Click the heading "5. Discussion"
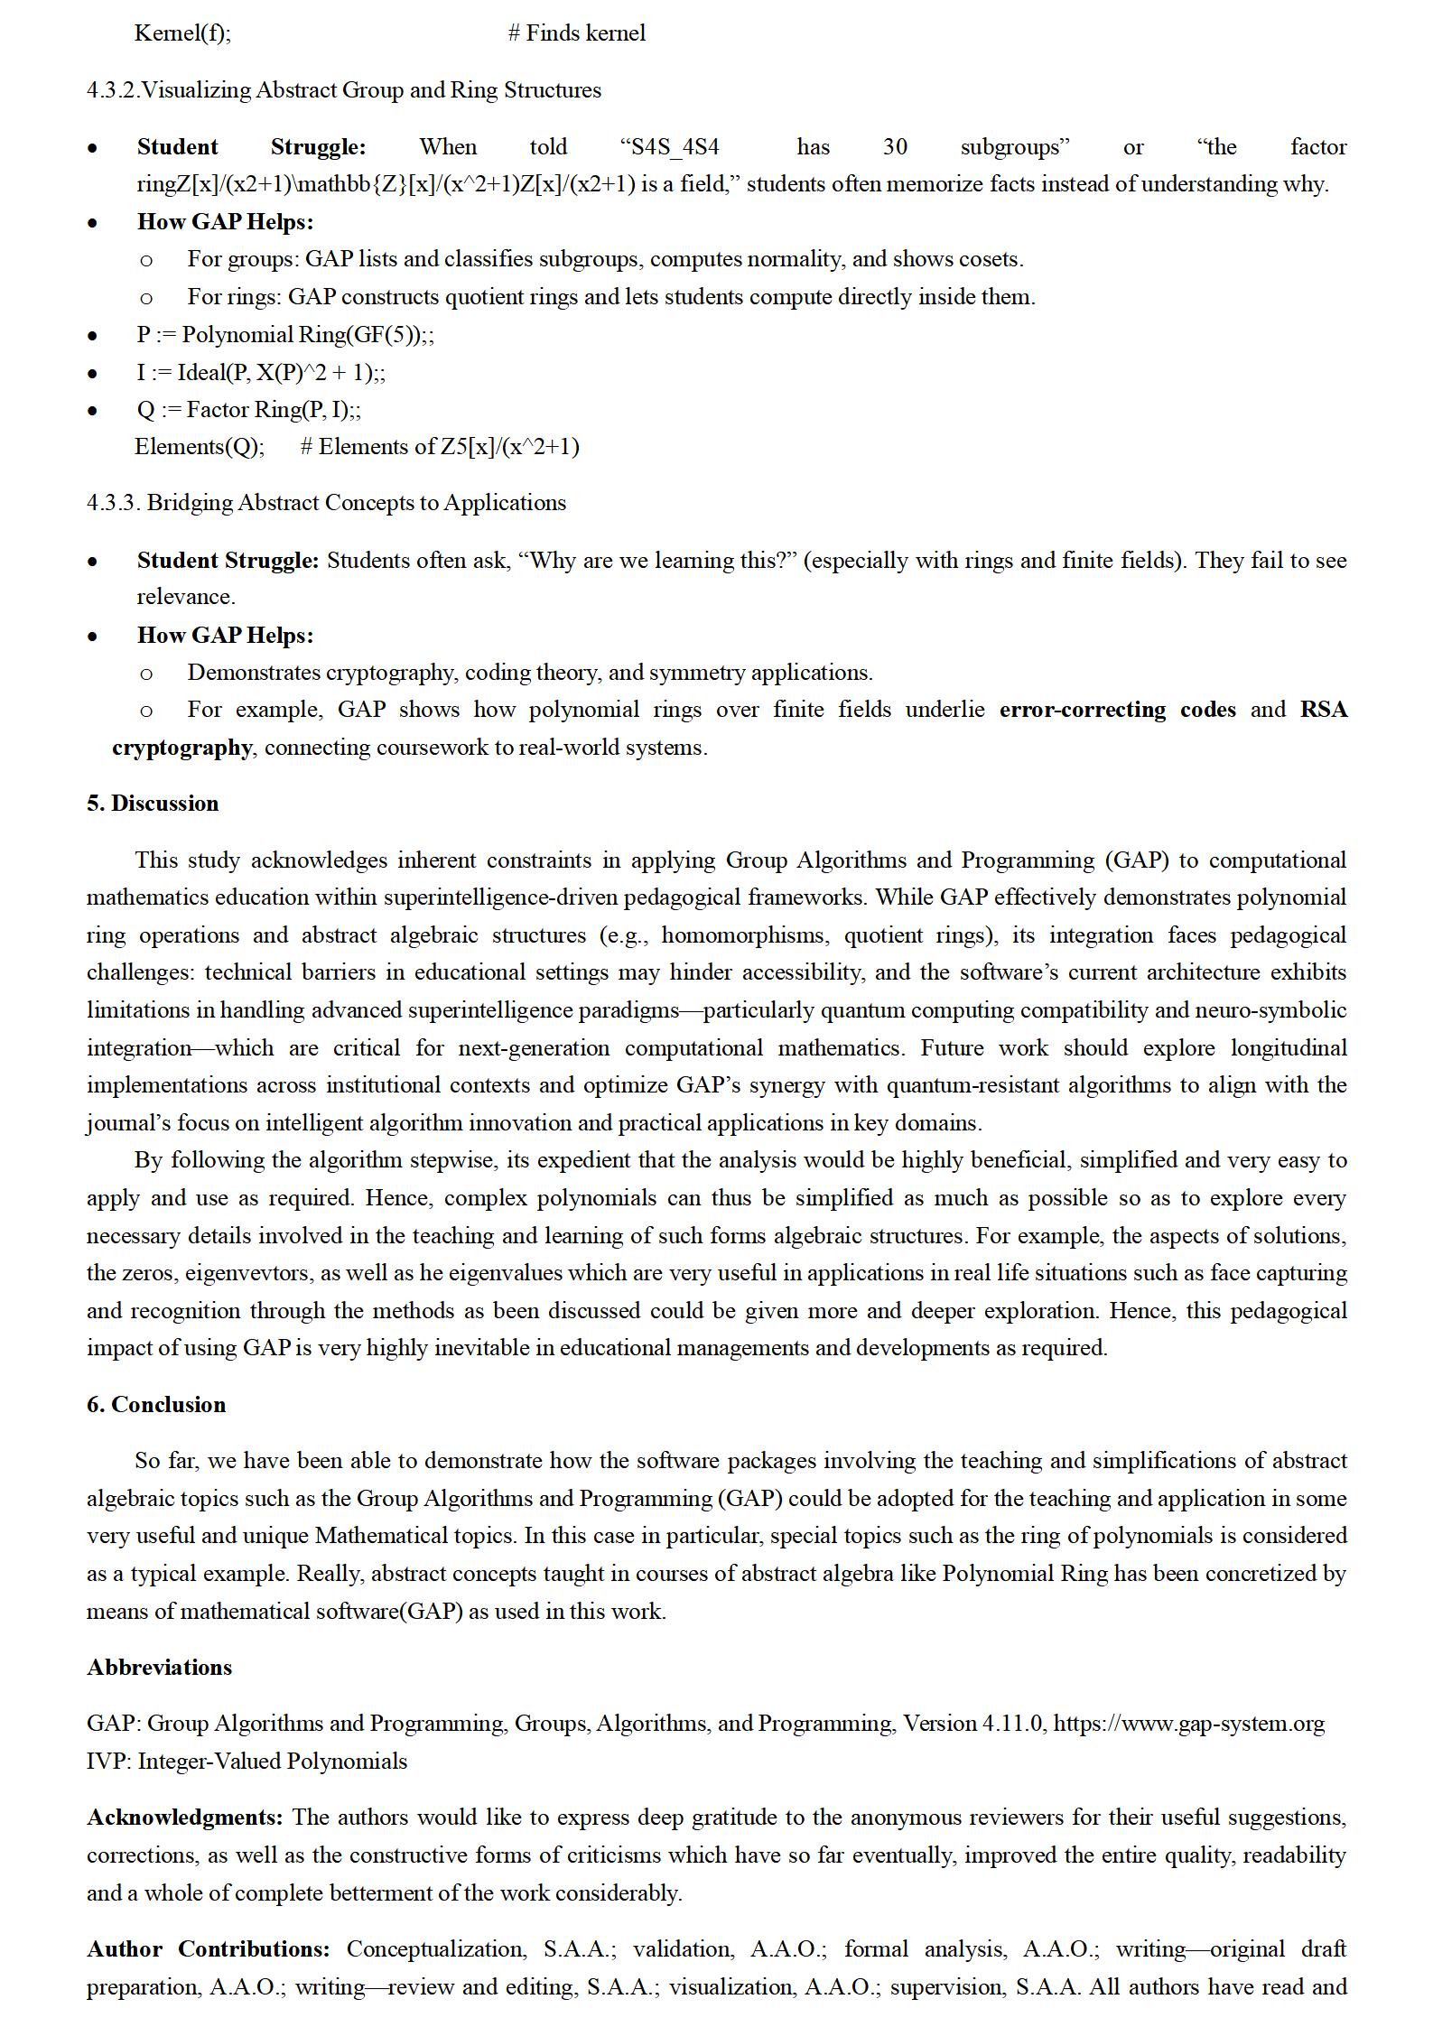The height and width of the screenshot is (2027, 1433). [x=153, y=804]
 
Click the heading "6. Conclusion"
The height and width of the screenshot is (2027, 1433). [x=156, y=1404]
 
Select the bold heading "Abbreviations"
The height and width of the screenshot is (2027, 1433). [x=159, y=1667]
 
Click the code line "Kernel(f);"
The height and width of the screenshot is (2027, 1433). [x=182, y=33]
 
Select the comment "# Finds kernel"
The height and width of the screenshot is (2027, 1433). [x=576, y=33]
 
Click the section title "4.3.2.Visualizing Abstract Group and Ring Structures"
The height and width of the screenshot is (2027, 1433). [x=344, y=90]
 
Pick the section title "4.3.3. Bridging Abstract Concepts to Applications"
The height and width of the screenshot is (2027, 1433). [x=326, y=503]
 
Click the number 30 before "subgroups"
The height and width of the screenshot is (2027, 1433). [x=894, y=147]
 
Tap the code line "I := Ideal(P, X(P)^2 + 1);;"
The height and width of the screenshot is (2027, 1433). [x=261, y=372]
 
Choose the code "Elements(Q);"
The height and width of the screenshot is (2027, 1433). [x=200, y=447]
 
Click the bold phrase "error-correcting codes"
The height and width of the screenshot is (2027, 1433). [x=1117, y=710]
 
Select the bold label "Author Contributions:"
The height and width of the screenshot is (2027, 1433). [x=209, y=1948]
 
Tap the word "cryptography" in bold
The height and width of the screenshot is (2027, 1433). [x=181, y=748]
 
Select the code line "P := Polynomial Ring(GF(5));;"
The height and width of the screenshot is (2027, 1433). [x=285, y=335]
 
